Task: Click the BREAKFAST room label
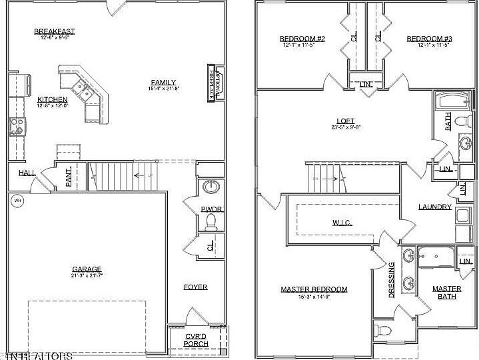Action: pos(54,31)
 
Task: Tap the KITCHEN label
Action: pos(53,99)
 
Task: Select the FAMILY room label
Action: pos(163,82)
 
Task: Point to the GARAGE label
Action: pos(87,269)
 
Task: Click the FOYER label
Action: pos(196,287)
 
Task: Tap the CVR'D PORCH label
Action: pos(196,340)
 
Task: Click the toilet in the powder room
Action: pos(212,219)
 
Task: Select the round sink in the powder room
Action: pos(213,186)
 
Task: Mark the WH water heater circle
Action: pos(17,199)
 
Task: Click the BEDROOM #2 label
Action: pos(302,39)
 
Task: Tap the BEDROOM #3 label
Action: pos(429,39)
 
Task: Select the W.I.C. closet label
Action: pos(342,222)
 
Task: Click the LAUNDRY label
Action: pos(435,207)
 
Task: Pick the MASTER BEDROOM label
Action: pos(314,289)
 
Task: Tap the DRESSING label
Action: pos(391,280)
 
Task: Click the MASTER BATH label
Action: pos(446,292)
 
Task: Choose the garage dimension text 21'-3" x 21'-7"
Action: pos(87,275)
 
